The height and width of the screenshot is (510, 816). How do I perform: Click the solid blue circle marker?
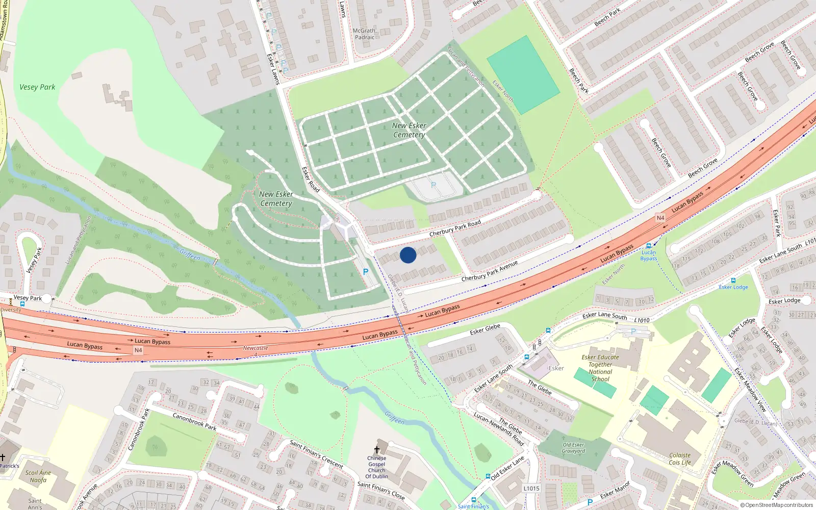coord(408,255)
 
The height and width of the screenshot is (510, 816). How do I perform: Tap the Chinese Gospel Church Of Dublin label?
coord(377,467)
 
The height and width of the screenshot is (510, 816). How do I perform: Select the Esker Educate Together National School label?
coord(600,368)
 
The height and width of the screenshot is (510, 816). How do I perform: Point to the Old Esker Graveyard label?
coord(573,448)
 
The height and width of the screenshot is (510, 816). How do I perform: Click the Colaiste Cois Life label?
coord(680,459)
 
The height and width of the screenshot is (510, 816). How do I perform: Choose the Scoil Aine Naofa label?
coord(38,476)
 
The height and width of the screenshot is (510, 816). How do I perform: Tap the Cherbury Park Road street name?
coord(455,228)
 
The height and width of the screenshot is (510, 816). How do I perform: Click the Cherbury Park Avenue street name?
coord(489,271)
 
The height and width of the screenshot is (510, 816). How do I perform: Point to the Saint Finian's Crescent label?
coord(316,454)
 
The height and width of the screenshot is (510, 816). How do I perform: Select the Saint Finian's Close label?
coord(381,491)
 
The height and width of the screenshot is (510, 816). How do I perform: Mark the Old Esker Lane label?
coord(507,468)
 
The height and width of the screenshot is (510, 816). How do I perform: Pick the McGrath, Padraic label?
coord(365,34)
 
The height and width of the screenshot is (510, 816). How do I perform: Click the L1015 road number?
coord(531,488)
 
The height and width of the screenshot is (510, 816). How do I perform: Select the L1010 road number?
coord(642,320)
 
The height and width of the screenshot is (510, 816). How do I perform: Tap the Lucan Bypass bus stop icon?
coord(649,246)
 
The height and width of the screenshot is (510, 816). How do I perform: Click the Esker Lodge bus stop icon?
coord(733,280)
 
